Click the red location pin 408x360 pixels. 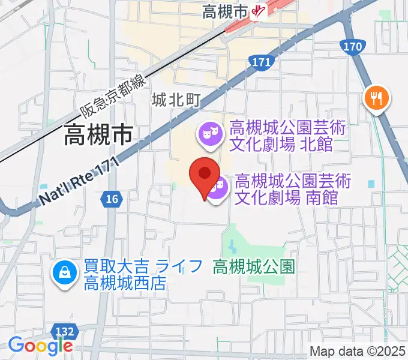[204, 175]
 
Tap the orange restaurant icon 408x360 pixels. [377, 98]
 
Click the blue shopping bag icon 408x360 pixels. [63, 273]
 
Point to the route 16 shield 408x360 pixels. [111, 199]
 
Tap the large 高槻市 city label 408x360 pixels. [99, 135]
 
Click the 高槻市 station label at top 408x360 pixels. [225, 11]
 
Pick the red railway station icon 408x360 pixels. [259, 11]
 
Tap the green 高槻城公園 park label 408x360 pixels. [254, 266]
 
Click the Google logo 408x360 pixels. [40, 346]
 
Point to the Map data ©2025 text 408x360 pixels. [358, 351]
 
